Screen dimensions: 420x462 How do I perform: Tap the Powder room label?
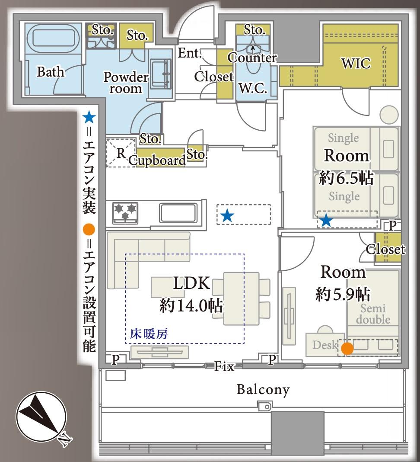coord(125,83)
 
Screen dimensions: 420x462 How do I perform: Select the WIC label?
coord(356,64)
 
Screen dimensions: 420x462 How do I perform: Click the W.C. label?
coord(252,90)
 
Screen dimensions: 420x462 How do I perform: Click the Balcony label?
coord(263,390)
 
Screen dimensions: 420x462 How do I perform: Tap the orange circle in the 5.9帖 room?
coord(347,348)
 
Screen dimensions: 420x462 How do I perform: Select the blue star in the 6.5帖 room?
coord(326,221)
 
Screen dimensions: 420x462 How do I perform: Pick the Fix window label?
coord(225,367)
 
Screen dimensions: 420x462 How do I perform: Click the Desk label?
coord(324,346)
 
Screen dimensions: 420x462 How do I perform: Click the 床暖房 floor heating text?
coord(149,334)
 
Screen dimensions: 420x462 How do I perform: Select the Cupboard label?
coord(157,160)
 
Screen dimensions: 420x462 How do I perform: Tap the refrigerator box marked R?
coord(121,152)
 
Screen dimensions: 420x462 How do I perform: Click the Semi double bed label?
coord(373,314)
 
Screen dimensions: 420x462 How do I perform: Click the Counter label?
coord(252,58)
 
